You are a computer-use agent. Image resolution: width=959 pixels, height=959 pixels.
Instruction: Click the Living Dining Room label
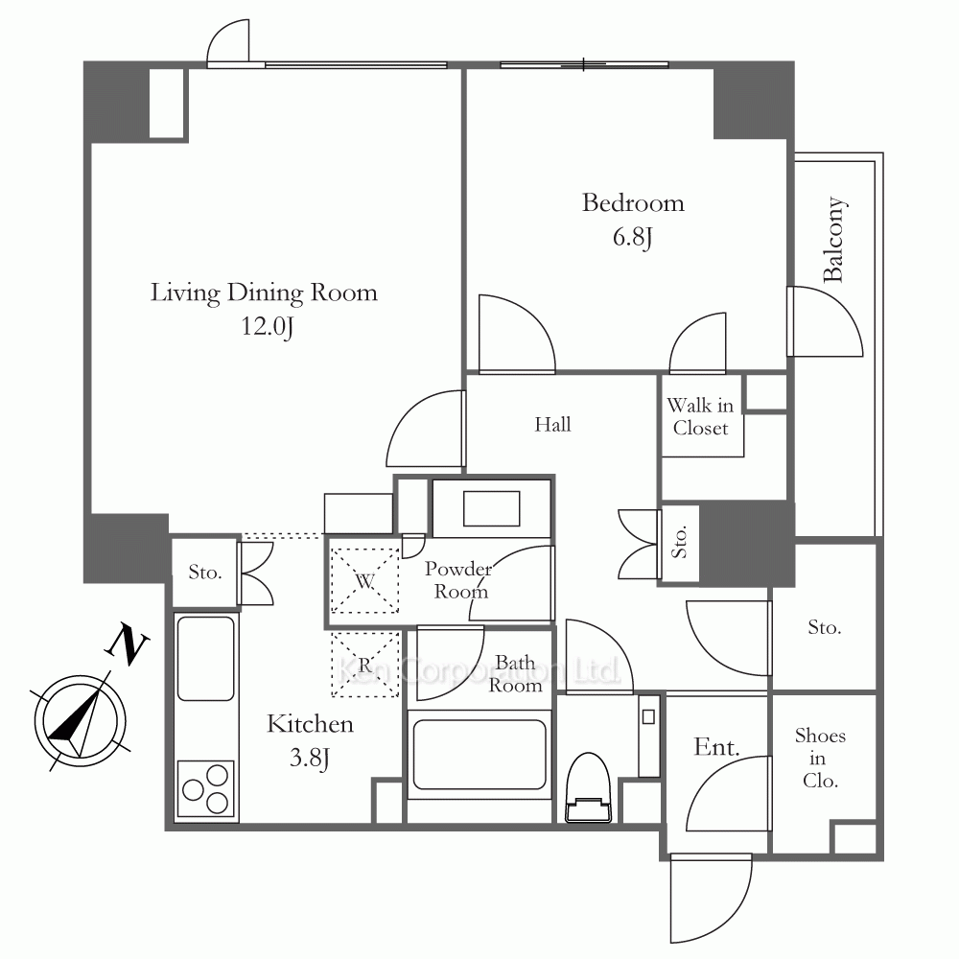[x=264, y=292]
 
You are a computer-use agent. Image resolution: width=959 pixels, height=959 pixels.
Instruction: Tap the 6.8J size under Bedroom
[x=632, y=237]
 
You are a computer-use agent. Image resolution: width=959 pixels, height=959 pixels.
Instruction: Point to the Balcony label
[x=834, y=239]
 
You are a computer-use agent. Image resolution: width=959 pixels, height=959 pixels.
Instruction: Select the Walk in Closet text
[x=700, y=416]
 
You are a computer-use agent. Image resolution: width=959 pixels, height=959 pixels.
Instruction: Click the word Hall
[x=553, y=425]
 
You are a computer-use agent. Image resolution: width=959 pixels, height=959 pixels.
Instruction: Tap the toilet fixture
[x=589, y=787]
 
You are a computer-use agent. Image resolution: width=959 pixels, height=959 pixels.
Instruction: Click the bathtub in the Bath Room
[x=479, y=755]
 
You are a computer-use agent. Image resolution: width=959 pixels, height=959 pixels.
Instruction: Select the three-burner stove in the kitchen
[x=205, y=789]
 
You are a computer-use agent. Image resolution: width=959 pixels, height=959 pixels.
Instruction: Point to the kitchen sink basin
[x=205, y=658]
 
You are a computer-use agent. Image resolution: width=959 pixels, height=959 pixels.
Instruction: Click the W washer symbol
[x=364, y=580]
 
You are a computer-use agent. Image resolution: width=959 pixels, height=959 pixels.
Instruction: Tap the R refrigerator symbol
[x=364, y=665]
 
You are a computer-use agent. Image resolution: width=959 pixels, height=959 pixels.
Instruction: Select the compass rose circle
[x=81, y=722]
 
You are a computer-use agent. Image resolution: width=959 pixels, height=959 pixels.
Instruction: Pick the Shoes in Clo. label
[x=820, y=759]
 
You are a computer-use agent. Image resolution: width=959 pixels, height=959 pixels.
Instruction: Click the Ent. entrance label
[x=716, y=747]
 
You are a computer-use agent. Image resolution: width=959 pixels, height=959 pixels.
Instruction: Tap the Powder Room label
[x=458, y=580]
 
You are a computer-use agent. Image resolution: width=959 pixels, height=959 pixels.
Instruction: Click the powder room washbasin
[x=492, y=508]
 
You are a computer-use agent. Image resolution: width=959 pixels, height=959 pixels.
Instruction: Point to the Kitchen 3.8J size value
[x=310, y=759]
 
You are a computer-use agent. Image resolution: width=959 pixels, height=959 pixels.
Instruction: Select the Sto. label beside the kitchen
[x=205, y=573]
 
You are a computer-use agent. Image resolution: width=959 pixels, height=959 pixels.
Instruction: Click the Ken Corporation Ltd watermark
[x=479, y=670]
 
